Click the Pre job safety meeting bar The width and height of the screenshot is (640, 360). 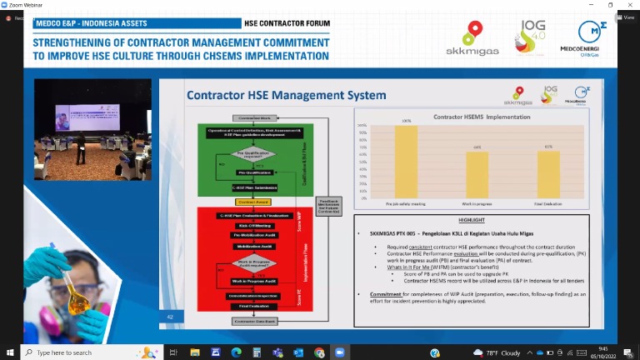coord(406,161)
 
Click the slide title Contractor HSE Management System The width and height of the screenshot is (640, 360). coord(286,95)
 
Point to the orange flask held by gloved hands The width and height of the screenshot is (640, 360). coord(77,297)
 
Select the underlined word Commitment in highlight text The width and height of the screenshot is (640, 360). coord(387,293)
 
